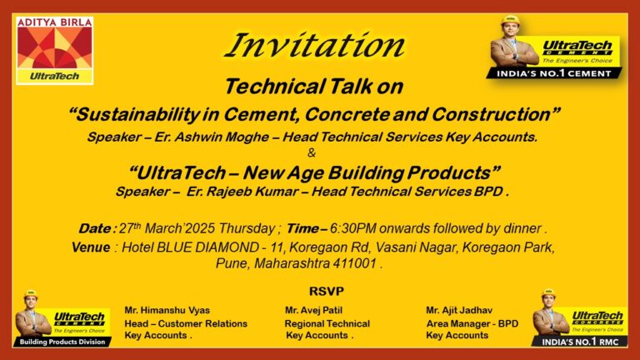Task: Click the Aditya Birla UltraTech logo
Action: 54,49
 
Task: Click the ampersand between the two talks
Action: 312,152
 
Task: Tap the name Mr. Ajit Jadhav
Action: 461,310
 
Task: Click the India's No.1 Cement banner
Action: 555,72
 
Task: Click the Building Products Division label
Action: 63,342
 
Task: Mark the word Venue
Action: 91,247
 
